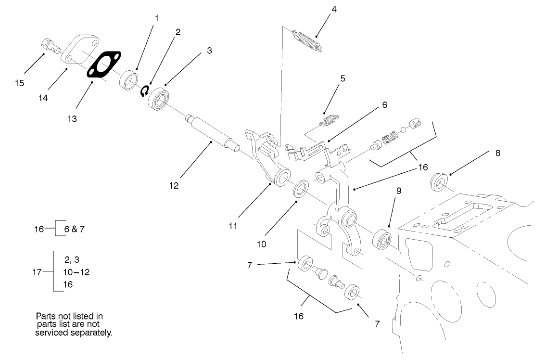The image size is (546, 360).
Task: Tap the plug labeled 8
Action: (x=438, y=181)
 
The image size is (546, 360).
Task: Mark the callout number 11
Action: (x=233, y=225)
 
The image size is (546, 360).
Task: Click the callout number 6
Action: (x=385, y=104)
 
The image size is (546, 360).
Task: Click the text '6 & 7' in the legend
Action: (x=75, y=229)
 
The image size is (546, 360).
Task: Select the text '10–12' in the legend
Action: (x=76, y=272)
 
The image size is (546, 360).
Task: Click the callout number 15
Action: (x=19, y=83)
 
